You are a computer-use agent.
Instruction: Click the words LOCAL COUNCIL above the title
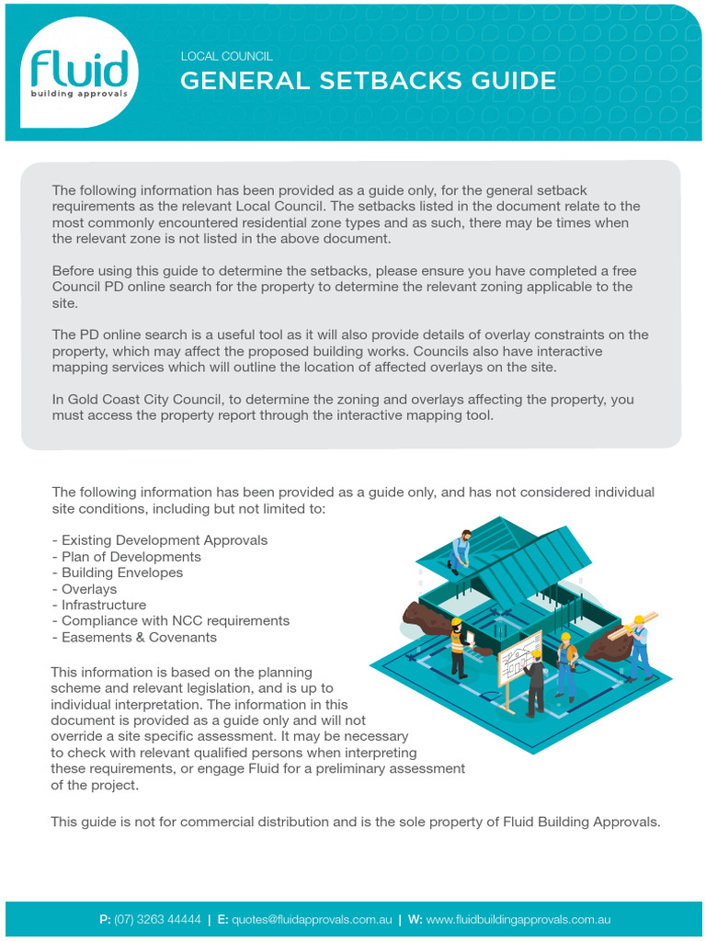(x=226, y=56)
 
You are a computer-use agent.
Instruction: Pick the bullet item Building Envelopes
(x=121, y=573)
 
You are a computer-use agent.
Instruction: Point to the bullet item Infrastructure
(x=103, y=605)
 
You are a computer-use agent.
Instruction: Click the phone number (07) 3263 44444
(x=157, y=919)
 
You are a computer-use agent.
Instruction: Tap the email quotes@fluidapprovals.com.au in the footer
(x=312, y=919)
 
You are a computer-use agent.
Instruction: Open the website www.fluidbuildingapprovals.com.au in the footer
(x=518, y=919)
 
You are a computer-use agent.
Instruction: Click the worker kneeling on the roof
(x=461, y=550)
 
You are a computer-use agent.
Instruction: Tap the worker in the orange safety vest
(x=458, y=647)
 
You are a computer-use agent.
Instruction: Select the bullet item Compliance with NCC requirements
(x=175, y=620)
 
